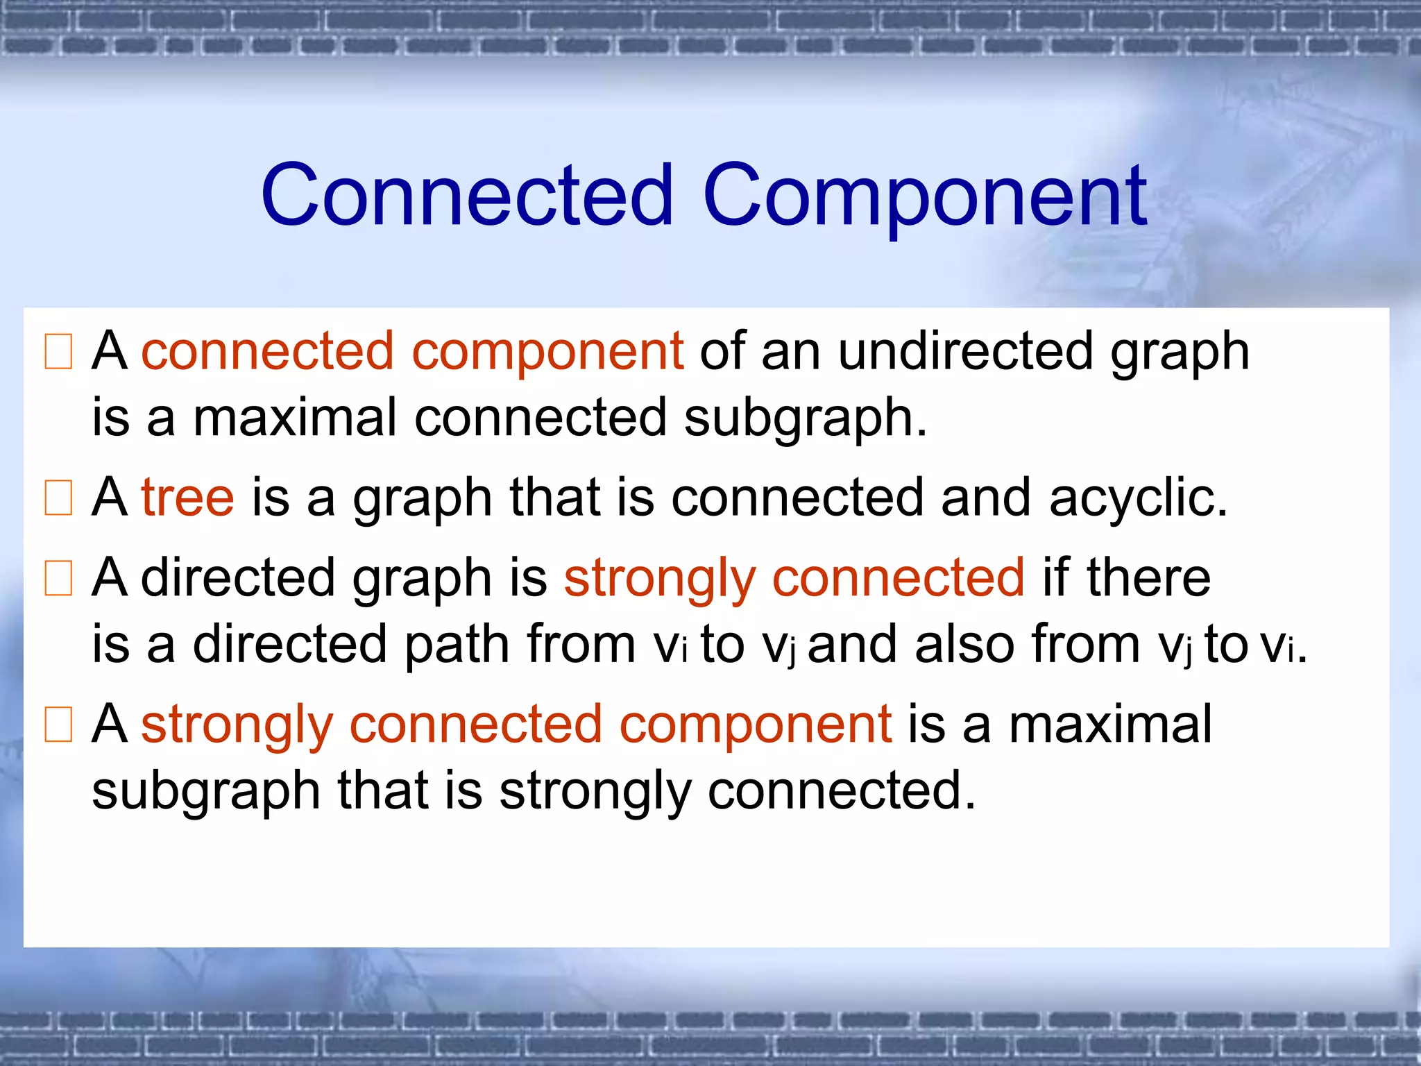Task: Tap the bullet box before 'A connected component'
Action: pos(58,352)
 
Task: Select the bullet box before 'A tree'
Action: pos(58,498)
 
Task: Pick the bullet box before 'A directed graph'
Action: pos(58,578)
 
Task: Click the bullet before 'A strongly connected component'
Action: pos(58,725)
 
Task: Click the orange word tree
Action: pos(188,498)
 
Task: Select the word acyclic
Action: pos(1138,498)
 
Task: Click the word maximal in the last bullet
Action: pos(1110,724)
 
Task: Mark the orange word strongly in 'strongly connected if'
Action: pos(659,579)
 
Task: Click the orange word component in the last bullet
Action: pos(755,725)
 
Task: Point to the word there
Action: pos(1148,577)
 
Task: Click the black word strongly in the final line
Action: pos(595,791)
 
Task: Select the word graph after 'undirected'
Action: pos(1180,353)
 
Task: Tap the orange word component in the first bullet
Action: pos(547,352)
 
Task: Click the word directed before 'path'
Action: pos(289,644)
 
